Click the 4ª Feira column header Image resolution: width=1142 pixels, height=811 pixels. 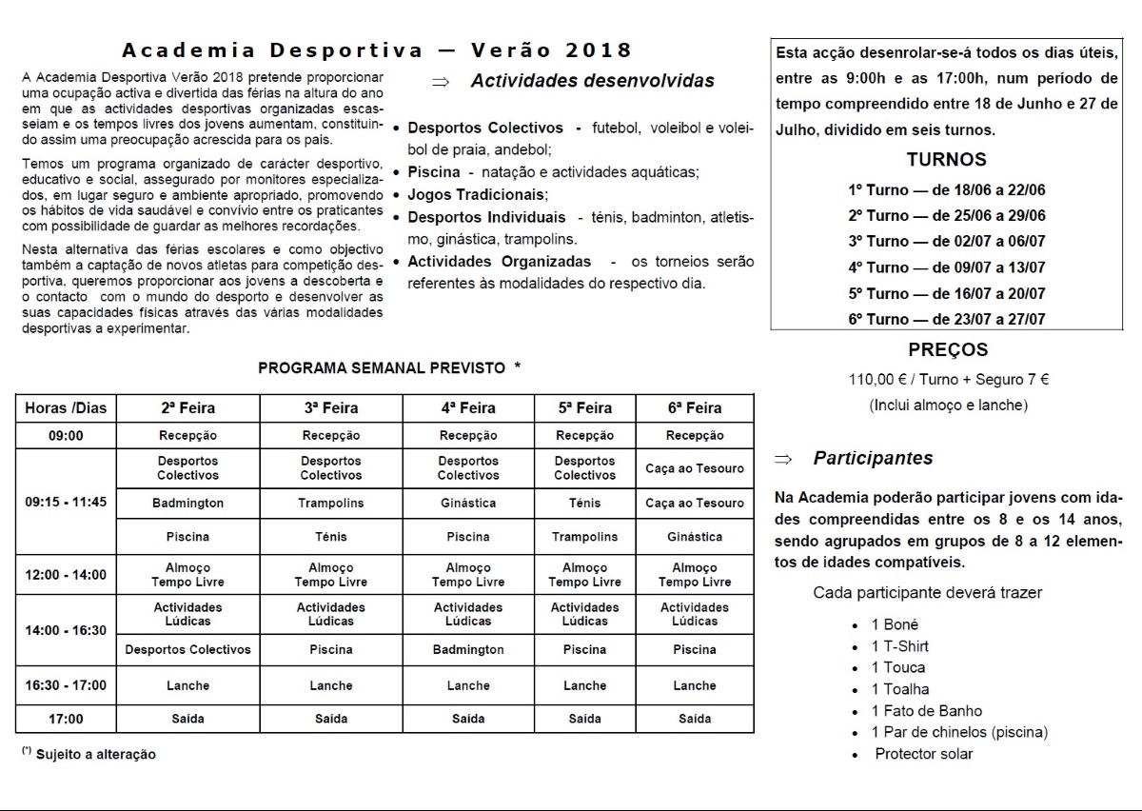[x=468, y=408]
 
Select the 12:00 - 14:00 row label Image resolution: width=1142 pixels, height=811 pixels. [x=66, y=575]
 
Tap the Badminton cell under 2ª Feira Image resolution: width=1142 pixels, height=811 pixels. [x=188, y=503]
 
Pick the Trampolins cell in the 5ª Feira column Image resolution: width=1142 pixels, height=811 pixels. [x=584, y=537]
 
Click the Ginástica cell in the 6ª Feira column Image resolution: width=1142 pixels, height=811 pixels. [x=695, y=537]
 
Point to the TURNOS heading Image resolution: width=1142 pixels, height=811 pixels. [x=946, y=160]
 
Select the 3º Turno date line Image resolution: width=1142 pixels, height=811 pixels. [x=946, y=242]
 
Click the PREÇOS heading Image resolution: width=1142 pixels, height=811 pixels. [x=948, y=350]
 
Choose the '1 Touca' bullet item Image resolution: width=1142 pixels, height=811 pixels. [x=897, y=667]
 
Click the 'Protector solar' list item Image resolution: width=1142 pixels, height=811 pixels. [x=924, y=754]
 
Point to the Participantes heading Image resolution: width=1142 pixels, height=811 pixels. [x=873, y=458]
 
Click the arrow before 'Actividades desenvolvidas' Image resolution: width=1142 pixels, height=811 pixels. [x=440, y=82]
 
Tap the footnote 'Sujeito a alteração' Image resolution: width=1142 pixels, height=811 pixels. [x=95, y=754]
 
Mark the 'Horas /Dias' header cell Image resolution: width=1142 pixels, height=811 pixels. [x=66, y=408]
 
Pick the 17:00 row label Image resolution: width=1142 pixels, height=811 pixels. [x=66, y=719]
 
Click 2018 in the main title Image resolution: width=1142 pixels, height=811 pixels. [x=601, y=49]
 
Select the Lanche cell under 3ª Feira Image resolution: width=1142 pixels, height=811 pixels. [x=331, y=685]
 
